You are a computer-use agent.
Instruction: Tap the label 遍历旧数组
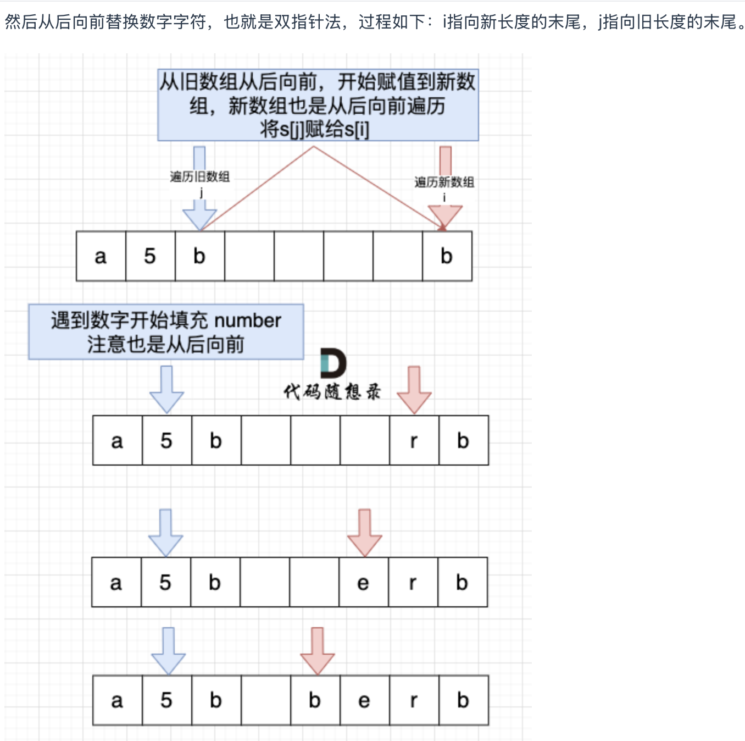(199, 177)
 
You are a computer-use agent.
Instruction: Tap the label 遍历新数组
(444, 183)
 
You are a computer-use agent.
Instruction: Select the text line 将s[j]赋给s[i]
(315, 130)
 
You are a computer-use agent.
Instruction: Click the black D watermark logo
(333, 363)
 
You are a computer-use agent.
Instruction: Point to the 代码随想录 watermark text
(332, 392)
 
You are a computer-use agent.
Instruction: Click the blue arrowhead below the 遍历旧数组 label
(199, 217)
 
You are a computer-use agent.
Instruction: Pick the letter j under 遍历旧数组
(202, 192)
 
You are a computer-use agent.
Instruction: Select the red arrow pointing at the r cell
(414, 390)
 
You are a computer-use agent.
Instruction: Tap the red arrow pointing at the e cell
(364, 533)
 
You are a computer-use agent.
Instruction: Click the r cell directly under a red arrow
(414, 441)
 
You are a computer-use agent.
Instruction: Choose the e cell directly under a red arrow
(363, 583)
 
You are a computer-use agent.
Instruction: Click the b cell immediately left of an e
(315, 700)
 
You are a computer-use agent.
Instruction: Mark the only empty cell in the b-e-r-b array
(265, 700)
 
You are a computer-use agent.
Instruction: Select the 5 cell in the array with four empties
(150, 257)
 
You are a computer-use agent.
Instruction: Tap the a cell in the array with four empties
(101, 257)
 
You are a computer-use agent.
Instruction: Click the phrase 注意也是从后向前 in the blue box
(165, 345)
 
